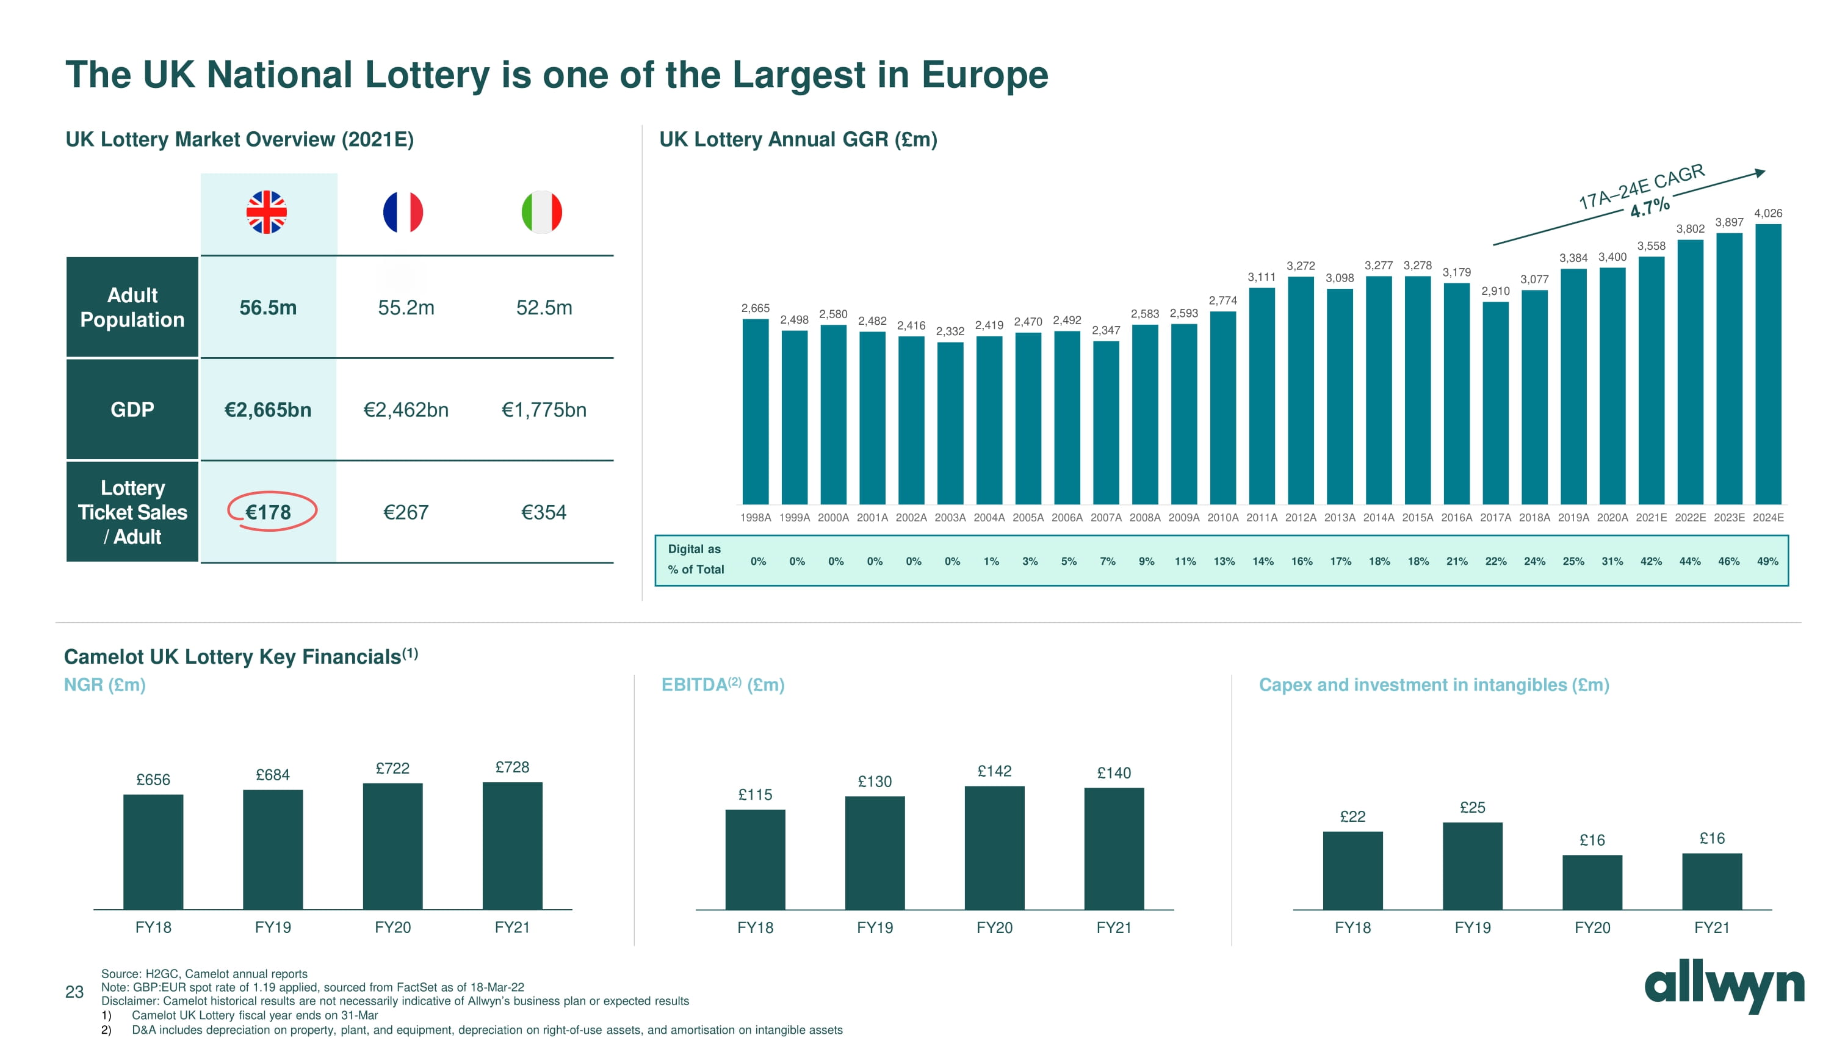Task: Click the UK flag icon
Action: point(267,212)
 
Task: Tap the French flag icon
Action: point(403,212)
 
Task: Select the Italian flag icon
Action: point(541,212)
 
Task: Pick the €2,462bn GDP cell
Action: point(406,410)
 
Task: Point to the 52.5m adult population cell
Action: point(544,308)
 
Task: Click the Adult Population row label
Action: point(132,307)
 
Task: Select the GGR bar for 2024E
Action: point(1767,365)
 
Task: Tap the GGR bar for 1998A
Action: point(755,412)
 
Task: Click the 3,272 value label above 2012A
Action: point(1301,266)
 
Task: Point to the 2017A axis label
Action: point(1495,517)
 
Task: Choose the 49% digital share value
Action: point(1767,562)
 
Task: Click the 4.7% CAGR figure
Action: point(1650,208)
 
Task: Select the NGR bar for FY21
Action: point(512,846)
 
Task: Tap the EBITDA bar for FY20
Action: point(994,848)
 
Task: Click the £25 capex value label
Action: point(1473,807)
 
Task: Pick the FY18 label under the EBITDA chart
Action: point(755,927)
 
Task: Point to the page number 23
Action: point(74,992)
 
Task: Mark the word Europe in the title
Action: point(985,74)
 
